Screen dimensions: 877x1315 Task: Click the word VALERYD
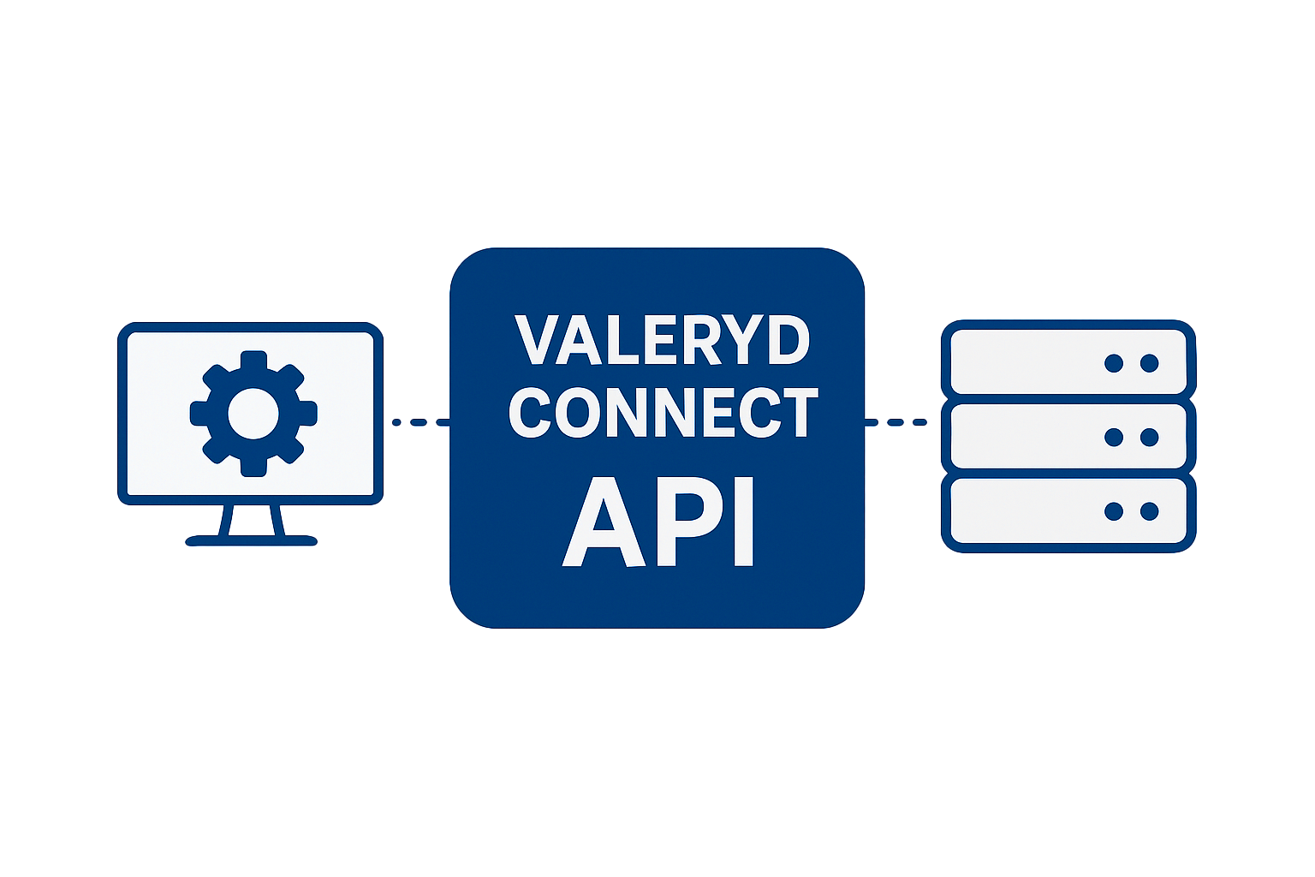(662, 340)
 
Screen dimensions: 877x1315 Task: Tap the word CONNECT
(663, 413)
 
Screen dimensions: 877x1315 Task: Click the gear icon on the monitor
(253, 414)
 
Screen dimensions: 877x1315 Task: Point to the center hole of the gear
(253, 414)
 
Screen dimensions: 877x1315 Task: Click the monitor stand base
(252, 540)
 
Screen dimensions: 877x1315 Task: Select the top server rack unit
(1068, 363)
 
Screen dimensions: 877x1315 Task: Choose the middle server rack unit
(1068, 437)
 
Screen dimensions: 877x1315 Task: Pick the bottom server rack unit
(1068, 512)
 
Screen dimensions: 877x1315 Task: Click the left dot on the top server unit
(1114, 363)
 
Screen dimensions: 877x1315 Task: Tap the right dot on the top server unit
(1150, 363)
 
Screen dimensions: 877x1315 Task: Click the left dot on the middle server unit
(1114, 438)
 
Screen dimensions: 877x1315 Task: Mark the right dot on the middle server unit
(1150, 438)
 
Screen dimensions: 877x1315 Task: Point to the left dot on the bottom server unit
(1114, 512)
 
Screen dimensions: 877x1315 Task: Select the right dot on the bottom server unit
(1150, 512)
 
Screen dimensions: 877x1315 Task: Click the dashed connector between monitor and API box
(419, 422)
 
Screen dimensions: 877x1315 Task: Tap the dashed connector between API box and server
(896, 422)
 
